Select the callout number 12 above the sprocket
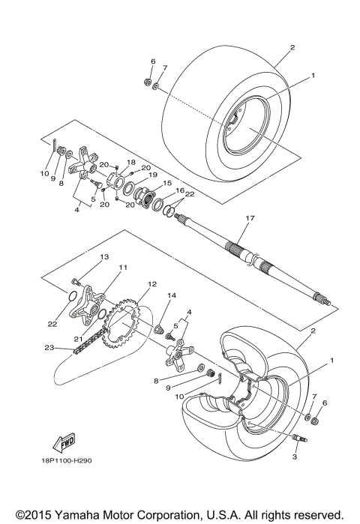coord(151,284)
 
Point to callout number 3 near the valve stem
coord(295,456)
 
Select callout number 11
coord(122,268)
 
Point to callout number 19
coord(152,175)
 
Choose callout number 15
coord(167,183)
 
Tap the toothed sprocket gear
coord(124,322)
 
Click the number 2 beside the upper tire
coord(292,46)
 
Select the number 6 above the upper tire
coord(152,61)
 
